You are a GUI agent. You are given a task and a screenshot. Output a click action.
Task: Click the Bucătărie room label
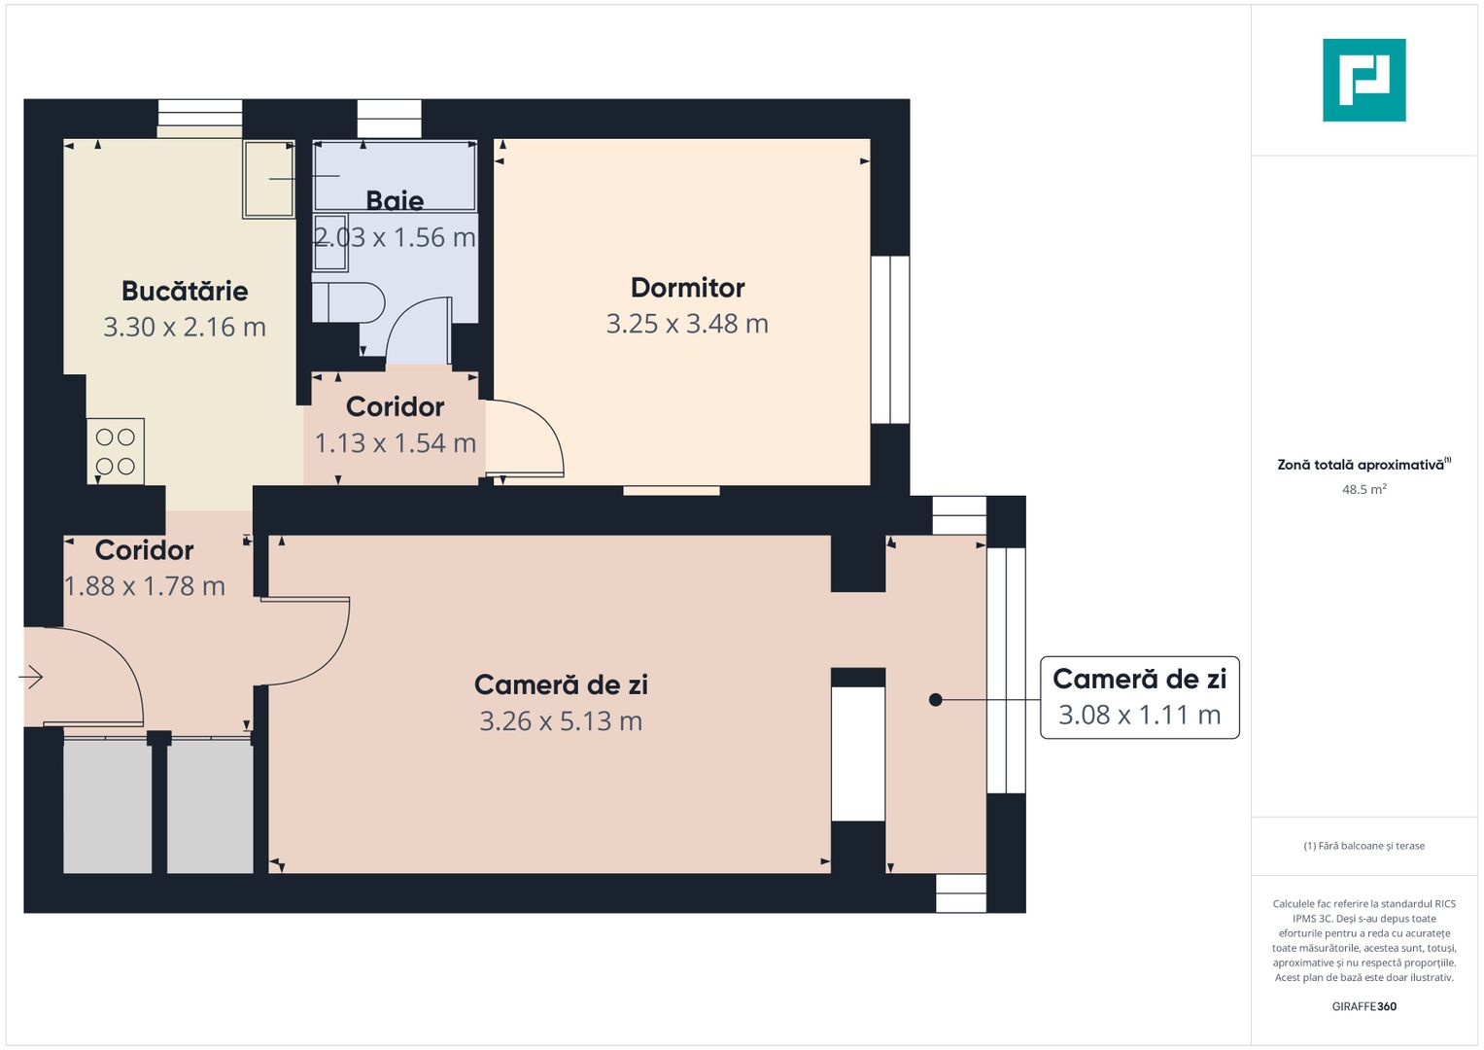point(185,291)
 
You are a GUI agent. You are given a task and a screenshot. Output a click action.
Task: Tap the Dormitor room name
point(687,288)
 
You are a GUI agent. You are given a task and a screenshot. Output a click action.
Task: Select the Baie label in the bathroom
point(395,200)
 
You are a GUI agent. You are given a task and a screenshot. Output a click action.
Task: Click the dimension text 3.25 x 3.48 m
point(687,324)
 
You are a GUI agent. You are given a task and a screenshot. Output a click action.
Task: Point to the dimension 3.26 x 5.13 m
point(561,721)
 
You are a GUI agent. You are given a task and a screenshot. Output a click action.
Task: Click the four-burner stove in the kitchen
point(116,451)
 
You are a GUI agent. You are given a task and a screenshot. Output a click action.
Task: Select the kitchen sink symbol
point(268,179)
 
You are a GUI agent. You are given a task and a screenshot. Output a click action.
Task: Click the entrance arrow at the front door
point(31,677)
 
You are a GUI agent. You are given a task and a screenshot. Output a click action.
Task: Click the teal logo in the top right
point(1363,80)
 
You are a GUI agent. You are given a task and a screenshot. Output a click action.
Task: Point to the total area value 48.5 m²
point(1363,489)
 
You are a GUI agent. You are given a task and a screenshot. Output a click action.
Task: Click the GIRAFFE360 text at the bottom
point(1363,1006)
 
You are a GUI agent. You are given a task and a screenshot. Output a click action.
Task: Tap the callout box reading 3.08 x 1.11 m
point(1139,698)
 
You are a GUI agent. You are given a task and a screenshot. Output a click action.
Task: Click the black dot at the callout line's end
point(935,699)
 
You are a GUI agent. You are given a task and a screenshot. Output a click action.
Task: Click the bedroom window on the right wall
point(889,339)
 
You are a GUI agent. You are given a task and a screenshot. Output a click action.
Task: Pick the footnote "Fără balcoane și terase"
point(1363,846)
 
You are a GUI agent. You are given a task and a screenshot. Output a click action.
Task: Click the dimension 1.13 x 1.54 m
point(395,443)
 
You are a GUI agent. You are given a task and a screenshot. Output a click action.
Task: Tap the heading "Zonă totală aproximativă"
point(1361,465)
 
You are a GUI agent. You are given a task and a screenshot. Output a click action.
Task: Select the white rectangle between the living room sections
point(858,753)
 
